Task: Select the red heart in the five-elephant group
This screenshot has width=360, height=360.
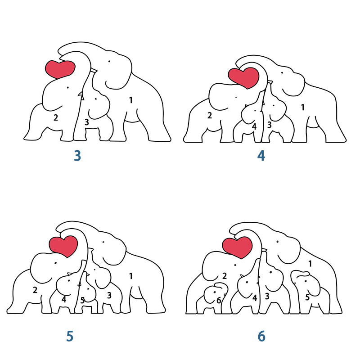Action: [x=63, y=245]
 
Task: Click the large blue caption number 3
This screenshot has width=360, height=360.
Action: [x=77, y=156]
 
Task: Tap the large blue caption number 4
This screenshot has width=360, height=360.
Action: [x=261, y=156]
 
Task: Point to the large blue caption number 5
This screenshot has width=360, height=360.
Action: [x=70, y=336]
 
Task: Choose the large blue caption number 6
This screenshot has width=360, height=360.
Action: [x=261, y=336]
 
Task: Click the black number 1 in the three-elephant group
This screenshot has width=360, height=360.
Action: [x=131, y=100]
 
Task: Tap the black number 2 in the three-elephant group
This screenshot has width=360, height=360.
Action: [x=56, y=118]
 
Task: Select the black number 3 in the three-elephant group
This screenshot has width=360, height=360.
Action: [x=87, y=122]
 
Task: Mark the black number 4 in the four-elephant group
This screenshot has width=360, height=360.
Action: [x=254, y=126]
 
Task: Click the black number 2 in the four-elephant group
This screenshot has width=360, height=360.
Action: [x=209, y=116]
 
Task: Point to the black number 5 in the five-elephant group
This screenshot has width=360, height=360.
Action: [x=82, y=300]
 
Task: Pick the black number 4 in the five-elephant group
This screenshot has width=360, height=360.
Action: [x=64, y=299]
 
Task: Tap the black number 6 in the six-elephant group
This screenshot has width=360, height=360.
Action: [x=219, y=300]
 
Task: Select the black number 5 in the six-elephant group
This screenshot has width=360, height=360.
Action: [x=307, y=297]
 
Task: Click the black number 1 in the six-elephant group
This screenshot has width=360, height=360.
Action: [x=310, y=264]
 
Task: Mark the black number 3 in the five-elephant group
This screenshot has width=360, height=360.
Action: [x=109, y=295]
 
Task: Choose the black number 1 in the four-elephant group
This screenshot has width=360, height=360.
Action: [x=303, y=107]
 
